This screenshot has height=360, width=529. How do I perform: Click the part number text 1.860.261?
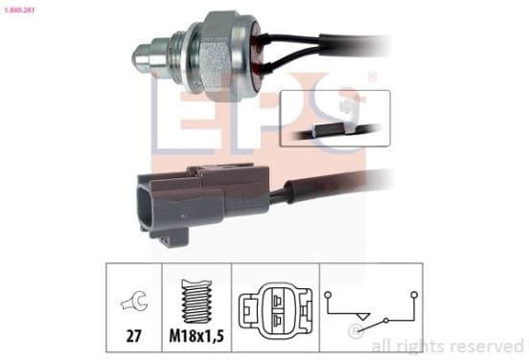tap(19, 11)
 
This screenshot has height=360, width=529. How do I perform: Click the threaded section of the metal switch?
tap(180, 56)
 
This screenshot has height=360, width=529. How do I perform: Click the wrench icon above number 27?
tap(134, 300)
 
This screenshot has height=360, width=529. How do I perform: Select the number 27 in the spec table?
tap(133, 336)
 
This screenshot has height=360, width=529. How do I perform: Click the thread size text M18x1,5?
tap(196, 336)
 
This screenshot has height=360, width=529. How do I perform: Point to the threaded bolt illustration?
tap(197, 301)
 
